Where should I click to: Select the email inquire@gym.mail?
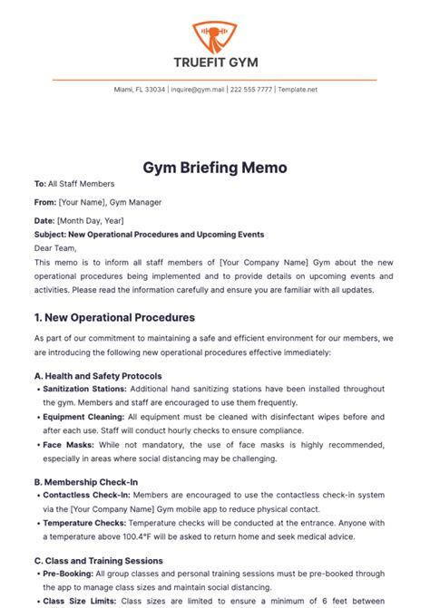click(197, 91)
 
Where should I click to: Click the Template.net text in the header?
click(298, 91)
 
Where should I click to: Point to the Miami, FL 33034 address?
click(140, 91)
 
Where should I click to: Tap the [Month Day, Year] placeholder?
click(91, 220)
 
